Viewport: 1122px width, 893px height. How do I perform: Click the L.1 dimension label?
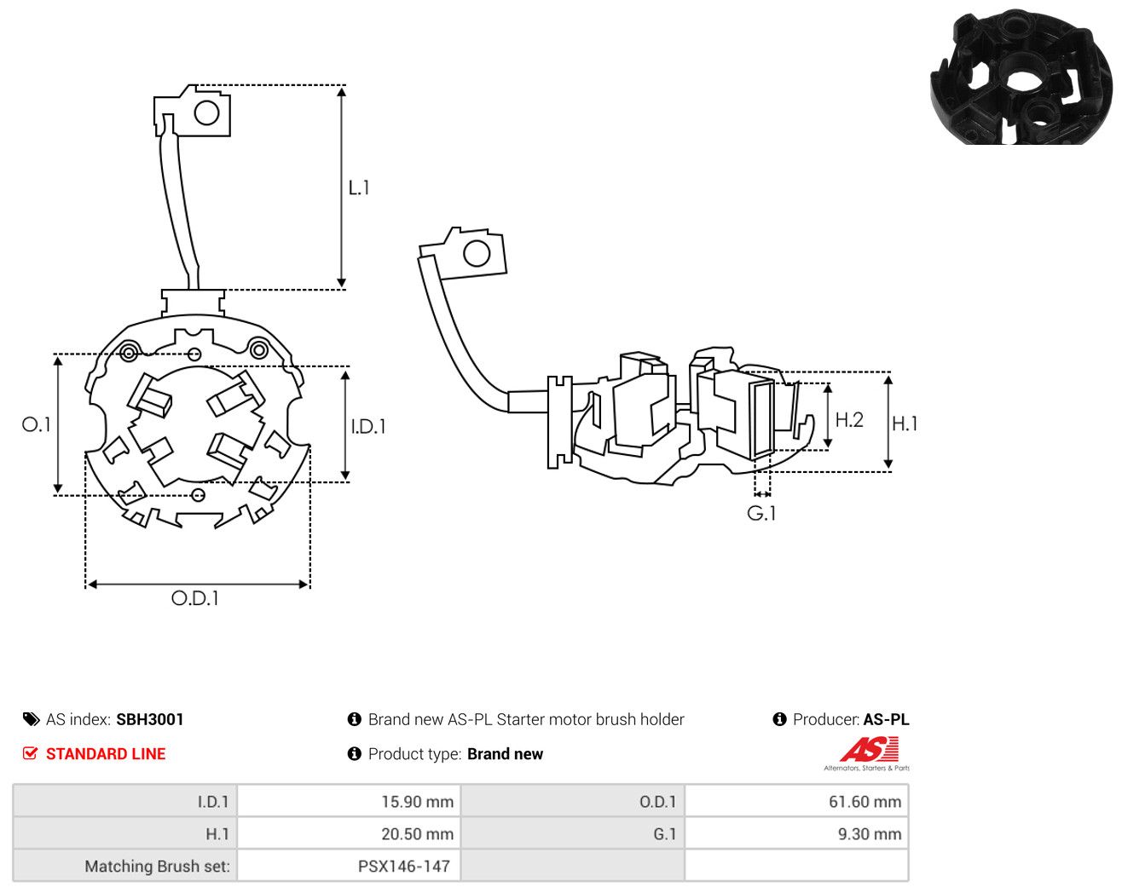(x=359, y=187)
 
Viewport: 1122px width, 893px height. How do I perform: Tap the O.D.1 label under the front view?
(x=195, y=598)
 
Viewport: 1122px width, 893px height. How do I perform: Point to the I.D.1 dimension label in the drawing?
(x=368, y=427)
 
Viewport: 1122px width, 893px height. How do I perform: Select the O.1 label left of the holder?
(x=37, y=424)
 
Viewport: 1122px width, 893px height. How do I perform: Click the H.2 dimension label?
(x=849, y=420)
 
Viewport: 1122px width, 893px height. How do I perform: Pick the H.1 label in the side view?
(x=905, y=423)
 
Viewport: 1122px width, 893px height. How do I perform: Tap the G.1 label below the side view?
(x=761, y=514)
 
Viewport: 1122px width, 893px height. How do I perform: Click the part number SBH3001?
(x=150, y=719)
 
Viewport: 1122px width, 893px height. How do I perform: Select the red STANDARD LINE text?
(x=106, y=754)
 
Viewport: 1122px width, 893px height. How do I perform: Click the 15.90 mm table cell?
(x=349, y=801)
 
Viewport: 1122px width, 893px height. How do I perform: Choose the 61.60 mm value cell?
(x=796, y=801)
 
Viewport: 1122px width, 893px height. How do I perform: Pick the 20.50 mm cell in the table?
(x=349, y=833)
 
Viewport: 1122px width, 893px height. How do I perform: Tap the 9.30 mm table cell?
(x=796, y=833)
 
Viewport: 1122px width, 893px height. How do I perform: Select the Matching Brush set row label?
(x=157, y=866)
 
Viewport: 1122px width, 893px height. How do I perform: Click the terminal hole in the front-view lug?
(x=206, y=112)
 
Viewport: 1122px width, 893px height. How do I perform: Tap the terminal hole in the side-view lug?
(x=477, y=254)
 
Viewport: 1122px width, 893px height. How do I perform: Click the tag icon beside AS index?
(x=32, y=719)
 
